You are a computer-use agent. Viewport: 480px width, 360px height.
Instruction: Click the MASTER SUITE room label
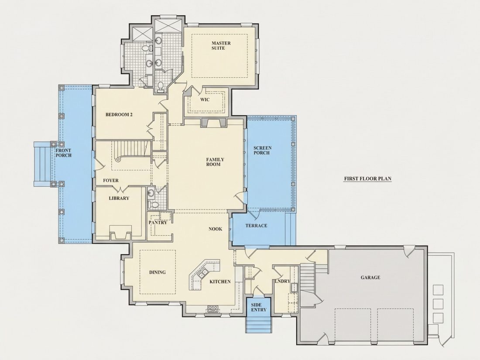tap(221, 46)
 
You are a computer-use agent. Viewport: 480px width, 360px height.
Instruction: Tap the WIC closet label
tap(205, 99)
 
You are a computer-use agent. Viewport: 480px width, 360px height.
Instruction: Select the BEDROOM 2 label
tap(119, 115)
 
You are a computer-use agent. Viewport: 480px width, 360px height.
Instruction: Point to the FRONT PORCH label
tap(63, 153)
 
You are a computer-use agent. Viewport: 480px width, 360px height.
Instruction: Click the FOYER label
tap(110, 181)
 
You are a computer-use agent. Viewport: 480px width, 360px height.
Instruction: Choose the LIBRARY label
tap(119, 199)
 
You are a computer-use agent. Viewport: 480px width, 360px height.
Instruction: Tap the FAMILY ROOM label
tap(215, 162)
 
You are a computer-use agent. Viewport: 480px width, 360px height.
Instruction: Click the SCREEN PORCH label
tap(262, 150)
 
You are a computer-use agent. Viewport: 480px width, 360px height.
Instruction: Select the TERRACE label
tap(256, 226)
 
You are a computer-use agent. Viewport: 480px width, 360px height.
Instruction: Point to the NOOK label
tap(215, 229)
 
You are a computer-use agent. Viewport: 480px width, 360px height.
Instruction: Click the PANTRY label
tap(158, 223)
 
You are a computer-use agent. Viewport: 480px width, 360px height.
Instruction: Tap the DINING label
tap(158, 272)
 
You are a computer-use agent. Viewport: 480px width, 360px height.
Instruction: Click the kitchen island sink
tap(202, 273)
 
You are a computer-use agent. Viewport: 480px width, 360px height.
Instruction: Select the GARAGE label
tap(370, 278)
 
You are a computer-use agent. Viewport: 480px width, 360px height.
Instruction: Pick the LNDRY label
tap(282, 281)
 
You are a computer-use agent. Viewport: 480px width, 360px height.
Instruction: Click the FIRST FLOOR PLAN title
tap(368, 179)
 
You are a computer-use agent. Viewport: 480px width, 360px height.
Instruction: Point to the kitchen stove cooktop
tap(213, 309)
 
